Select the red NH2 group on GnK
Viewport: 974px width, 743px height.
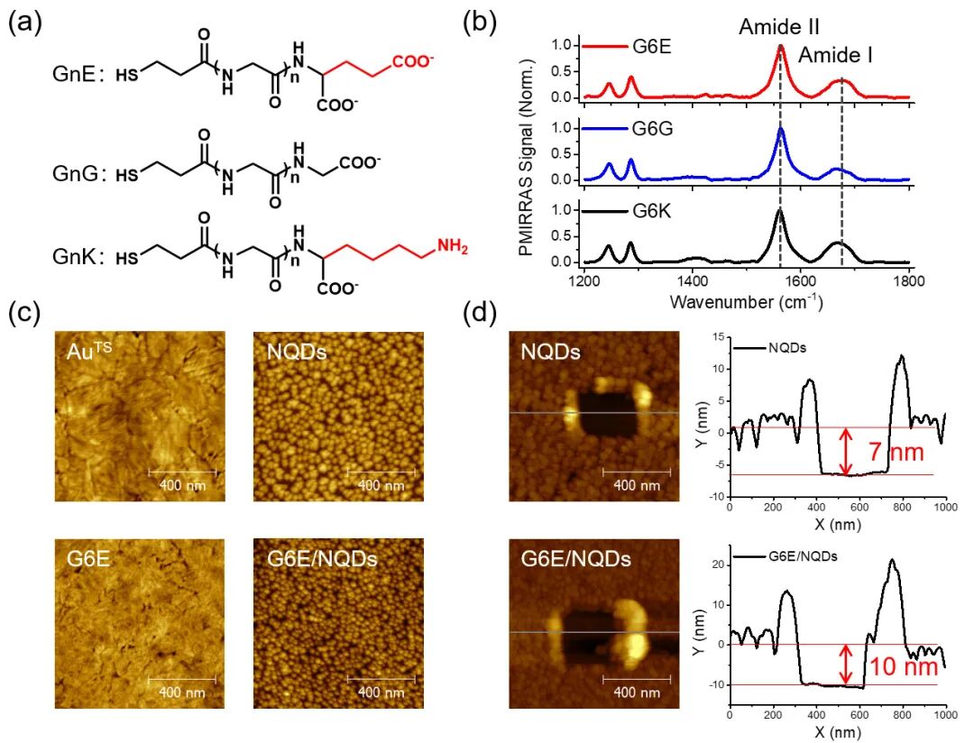point(452,246)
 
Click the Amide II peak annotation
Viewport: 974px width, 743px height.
point(779,27)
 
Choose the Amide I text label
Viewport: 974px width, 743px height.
point(835,55)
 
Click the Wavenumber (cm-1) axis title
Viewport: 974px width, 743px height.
point(746,302)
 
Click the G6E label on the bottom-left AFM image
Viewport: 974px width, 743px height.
point(88,558)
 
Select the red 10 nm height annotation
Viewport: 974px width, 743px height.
point(903,666)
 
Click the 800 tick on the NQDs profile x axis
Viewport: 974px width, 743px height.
point(902,507)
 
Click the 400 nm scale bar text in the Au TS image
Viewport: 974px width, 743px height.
point(182,484)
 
